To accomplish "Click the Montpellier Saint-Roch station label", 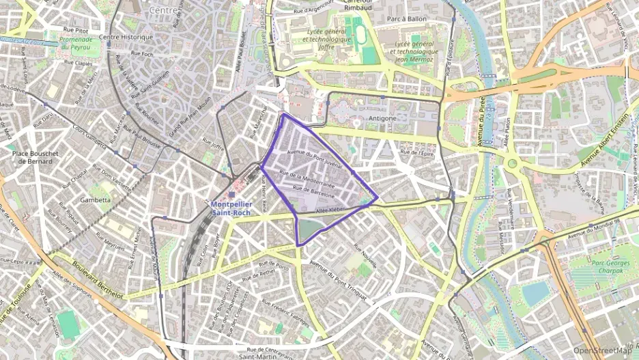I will point(231,208).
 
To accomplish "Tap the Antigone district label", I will point(382,118).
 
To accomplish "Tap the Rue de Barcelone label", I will point(313,191).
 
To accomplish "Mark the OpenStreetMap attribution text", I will point(602,350).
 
